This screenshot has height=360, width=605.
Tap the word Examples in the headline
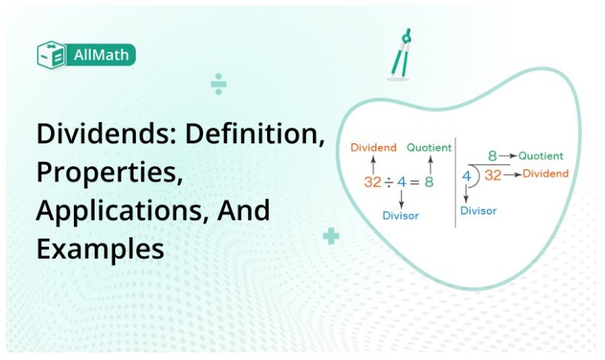pyautogui.click(x=100, y=249)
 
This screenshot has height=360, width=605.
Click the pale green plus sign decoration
pyautogui.click(x=330, y=236)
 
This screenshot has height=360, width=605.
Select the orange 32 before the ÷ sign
pyautogui.click(x=372, y=183)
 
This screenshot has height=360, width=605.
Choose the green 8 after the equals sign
pyautogui.click(x=430, y=183)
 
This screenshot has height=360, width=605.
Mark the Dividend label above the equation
pyautogui.click(x=374, y=147)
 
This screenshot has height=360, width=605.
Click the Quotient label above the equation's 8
pyautogui.click(x=429, y=147)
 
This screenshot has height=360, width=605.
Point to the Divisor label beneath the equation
pyautogui.click(x=401, y=216)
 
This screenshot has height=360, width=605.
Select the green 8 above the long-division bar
pyautogui.click(x=493, y=156)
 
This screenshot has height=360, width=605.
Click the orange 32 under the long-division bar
pyautogui.click(x=493, y=175)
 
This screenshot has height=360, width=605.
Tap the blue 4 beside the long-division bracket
pyautogui.click(x=466, y=176)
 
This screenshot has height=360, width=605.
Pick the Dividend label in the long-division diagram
pyautogui.click(x=545, y=174)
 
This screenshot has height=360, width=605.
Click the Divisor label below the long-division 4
pyautogui.click(x=478, y=211)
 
